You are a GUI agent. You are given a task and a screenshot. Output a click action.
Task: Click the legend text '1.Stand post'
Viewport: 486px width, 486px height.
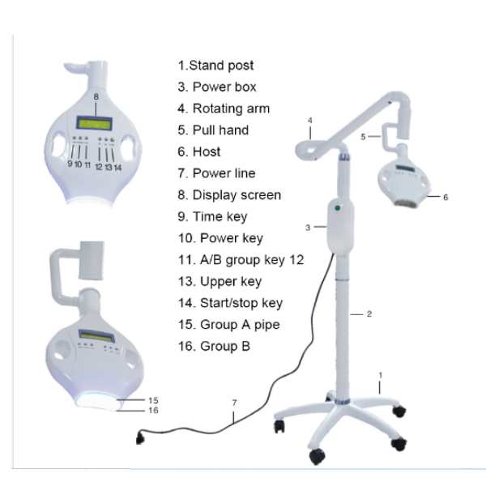tap(215, 66)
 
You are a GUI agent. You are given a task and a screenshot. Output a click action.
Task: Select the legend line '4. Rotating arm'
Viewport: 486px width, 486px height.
tap(224, 109)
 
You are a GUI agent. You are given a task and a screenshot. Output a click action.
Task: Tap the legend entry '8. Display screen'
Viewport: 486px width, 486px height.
tap(229, 195)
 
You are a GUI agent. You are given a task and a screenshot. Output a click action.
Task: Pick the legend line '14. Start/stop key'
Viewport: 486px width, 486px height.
tap(230, 303)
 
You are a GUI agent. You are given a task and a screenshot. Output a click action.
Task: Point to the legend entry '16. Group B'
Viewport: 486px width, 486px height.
tap(214, 346)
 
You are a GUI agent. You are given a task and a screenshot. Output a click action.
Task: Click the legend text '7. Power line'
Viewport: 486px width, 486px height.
tap(216, 173)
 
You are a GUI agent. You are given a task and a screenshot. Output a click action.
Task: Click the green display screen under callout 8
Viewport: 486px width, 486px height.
tap(94, 124)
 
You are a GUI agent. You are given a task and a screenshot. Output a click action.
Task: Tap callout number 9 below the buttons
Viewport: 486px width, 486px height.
tap(70, 164)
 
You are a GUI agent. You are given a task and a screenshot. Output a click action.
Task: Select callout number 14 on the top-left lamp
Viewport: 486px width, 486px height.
tap(117, 168)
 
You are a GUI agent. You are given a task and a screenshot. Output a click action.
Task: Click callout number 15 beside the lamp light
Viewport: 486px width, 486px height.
tap(153, 400)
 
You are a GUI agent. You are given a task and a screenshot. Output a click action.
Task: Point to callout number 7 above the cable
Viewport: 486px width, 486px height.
tap(234, 403)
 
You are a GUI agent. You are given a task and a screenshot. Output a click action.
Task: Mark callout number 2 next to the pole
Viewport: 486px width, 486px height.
tap(369, 314)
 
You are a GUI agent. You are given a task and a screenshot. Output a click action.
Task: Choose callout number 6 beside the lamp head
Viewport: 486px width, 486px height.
tap(446, 197)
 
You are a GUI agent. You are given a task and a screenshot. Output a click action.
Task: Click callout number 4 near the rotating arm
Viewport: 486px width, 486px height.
tap(310, 121)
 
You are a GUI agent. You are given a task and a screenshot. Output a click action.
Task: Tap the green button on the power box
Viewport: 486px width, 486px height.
tap(338, 208)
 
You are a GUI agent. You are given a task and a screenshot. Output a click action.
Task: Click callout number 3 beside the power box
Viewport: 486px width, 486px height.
tap(308, 228)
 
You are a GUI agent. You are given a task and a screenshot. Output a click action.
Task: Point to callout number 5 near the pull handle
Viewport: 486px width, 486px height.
tap(363, 137)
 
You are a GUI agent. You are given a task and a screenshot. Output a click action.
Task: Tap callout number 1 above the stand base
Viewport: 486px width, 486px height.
tap(381, 375)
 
